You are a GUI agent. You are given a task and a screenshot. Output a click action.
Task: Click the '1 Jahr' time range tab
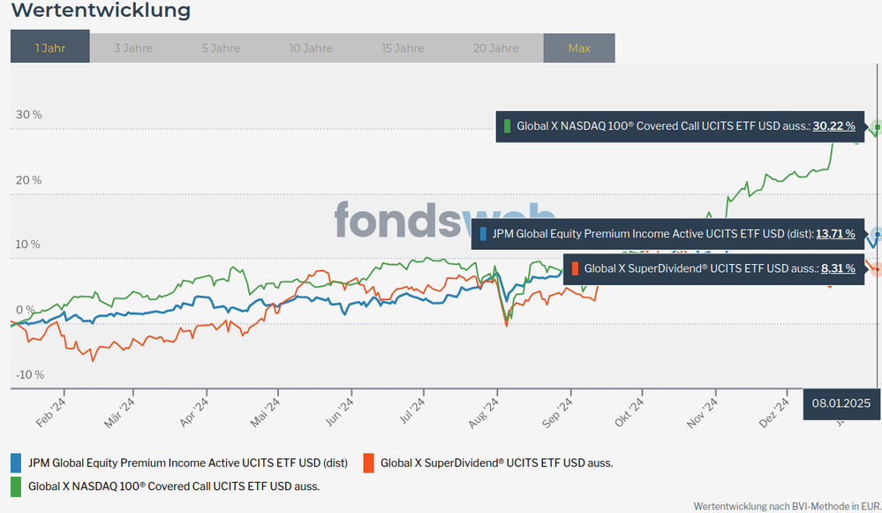click(50, 48)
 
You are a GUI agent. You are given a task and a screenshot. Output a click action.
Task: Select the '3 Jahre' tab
click(133, 48)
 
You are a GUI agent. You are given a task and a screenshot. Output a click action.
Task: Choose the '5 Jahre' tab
click(221, 48)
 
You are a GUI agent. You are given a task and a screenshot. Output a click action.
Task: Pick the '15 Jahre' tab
click(403, 48)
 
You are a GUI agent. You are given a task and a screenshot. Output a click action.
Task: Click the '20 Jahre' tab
click(495, 48)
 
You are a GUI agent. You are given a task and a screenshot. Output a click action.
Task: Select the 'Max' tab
click(579, 48)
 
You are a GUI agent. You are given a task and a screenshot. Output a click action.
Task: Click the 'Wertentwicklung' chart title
click(101, 11)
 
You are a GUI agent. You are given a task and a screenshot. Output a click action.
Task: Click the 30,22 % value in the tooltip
click(833, 126)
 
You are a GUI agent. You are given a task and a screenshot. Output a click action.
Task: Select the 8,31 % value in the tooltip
click(837, 268)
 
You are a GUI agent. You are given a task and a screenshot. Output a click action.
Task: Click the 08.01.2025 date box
click(841, 403)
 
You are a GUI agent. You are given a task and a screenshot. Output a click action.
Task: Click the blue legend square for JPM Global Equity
click(16, 462)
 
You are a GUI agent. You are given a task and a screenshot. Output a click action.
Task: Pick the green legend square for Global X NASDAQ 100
click(16, 486)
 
